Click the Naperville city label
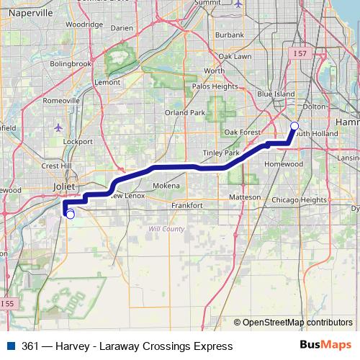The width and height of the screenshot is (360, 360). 29,13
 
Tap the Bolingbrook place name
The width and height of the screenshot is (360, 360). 71,63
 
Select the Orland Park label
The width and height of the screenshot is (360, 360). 185,112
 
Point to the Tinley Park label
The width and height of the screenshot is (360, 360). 220,153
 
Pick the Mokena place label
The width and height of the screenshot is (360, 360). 166,185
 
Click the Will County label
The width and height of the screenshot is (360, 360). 166,229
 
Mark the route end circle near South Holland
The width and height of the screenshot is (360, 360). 294,127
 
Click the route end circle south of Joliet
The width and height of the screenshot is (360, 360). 70,213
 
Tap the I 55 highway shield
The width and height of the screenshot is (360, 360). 6,303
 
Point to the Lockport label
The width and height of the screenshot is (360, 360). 78,142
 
